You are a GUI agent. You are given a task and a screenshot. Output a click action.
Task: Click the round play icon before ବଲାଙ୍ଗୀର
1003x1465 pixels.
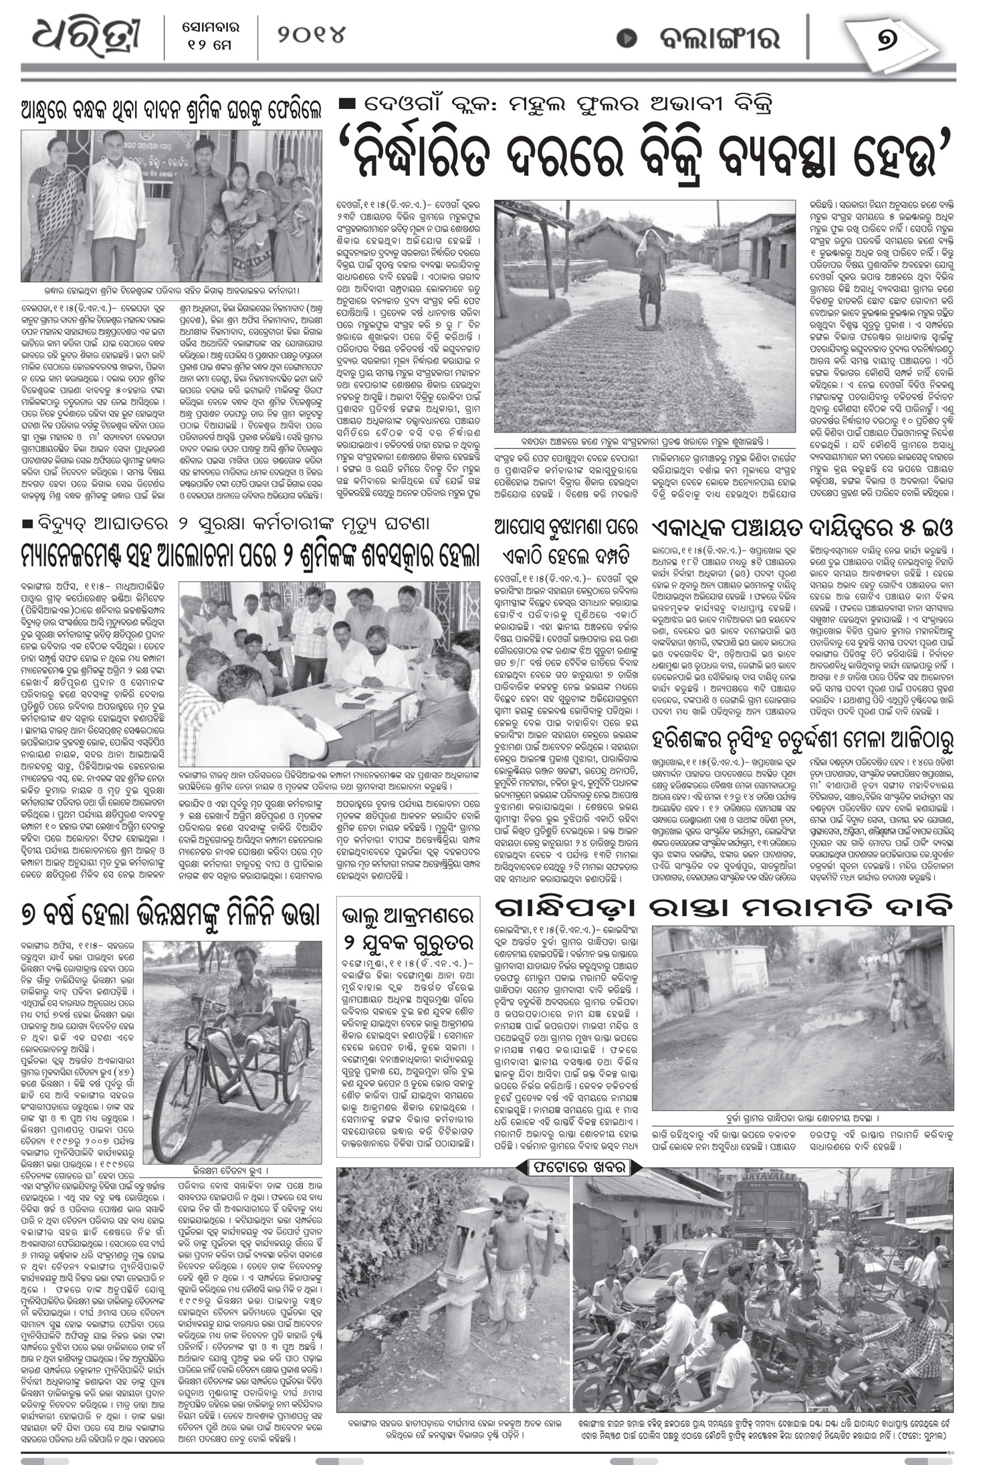(627, 38)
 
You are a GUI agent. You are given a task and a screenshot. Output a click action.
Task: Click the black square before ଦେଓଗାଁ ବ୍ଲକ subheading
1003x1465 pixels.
(348, 104)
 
